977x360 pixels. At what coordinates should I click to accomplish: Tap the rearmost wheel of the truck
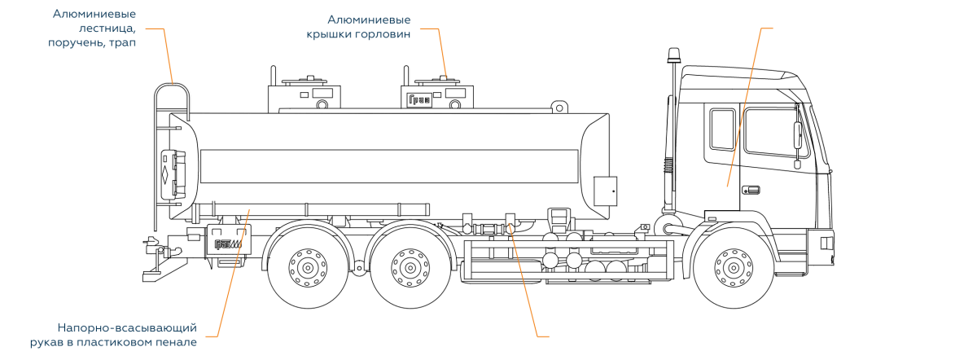(x=308, y=266)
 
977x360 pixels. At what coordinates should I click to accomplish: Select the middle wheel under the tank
(x=410, y=266)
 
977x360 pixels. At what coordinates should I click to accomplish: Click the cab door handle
(x=750, y=190)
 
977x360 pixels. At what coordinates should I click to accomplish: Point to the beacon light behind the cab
(x=673, y=57)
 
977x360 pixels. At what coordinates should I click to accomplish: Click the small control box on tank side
(x=604, y=190)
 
